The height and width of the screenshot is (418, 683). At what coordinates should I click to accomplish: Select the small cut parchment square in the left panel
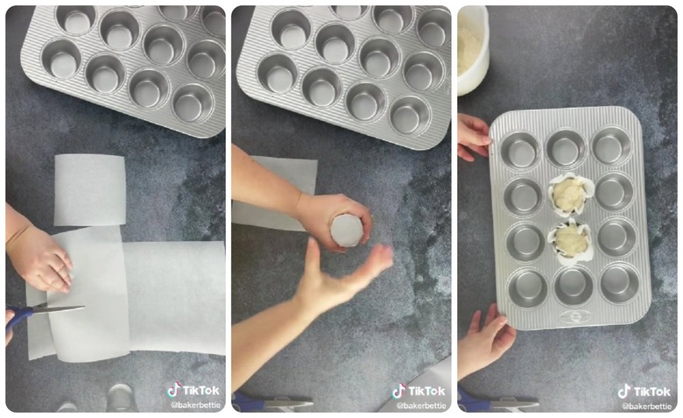[x=89, y=188]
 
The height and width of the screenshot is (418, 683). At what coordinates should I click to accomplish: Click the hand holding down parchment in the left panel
[x=39, y=258]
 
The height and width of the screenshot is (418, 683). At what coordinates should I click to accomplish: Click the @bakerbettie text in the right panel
[x=645, y=406]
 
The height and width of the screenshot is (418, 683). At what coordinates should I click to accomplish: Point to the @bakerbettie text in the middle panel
[x=420, y=406]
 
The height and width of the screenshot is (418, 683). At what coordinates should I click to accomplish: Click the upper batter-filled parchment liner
[x=569, y=194]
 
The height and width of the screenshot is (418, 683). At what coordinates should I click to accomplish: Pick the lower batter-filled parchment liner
[x=571, y=239]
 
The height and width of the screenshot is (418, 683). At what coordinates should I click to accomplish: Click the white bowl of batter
[x=472, y=48]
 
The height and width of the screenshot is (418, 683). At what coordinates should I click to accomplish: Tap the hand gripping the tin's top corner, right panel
[x=473, y=136]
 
